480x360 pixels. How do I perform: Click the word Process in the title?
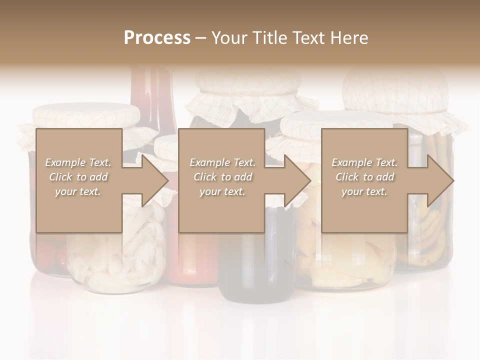(157, 37)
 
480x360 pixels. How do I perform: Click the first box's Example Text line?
(78, 162)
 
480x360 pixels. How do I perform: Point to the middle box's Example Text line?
(222, 162)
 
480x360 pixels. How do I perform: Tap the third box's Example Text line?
(364, 162)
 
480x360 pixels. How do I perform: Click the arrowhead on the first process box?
(152, 180)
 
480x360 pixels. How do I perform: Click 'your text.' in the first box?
(78, 191)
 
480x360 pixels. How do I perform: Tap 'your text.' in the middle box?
(222, 191)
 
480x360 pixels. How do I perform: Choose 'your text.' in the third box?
(364, 191)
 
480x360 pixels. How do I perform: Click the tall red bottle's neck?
(150, 95)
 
